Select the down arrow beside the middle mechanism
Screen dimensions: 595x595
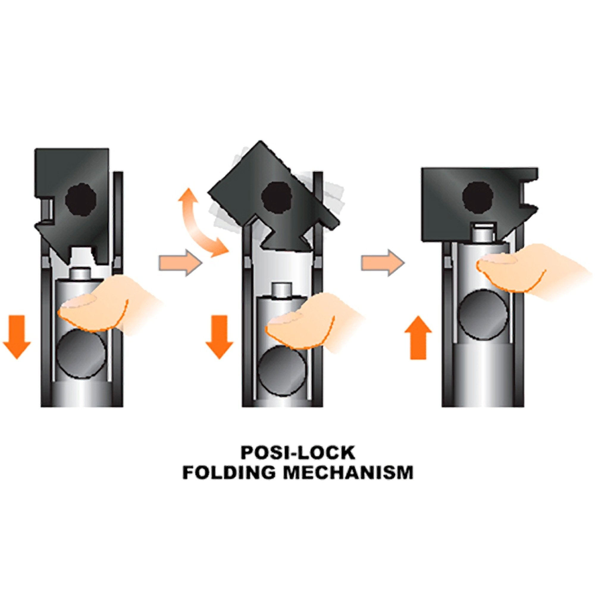(219, 336)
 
